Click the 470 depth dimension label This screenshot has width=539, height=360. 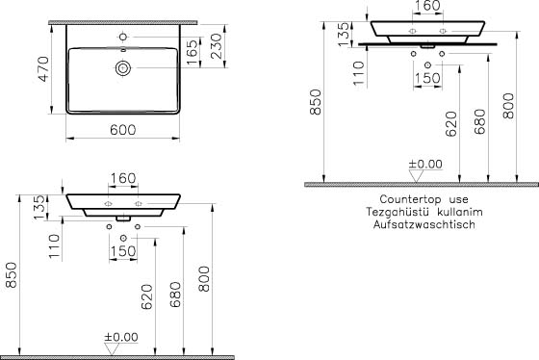pyautogui.click(x=43, y=68)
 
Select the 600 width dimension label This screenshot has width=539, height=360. pyautogui.click(x=123, y=130)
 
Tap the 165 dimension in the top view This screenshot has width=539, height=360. pyautogui.click(x=192, y=52)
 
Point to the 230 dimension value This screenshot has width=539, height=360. pyautogui.click(x=217, y=46)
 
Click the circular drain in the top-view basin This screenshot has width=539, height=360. pyautogui.click(x=123, y=68)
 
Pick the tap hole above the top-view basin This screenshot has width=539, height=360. pyautogui.click(x=123, y=37)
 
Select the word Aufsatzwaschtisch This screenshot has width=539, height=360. pyautogui.click(x=424, y=224)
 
